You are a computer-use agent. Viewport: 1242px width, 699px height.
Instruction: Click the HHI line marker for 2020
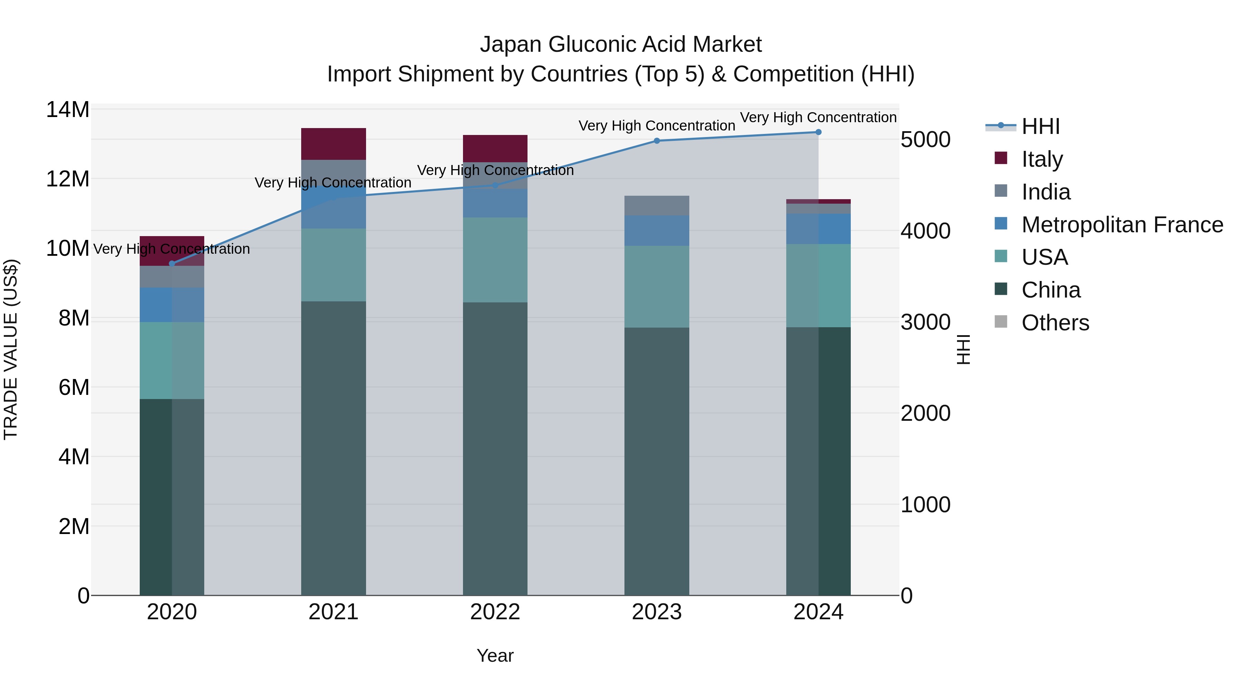coord(172,263)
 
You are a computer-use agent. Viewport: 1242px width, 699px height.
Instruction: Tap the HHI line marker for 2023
coord(657,141)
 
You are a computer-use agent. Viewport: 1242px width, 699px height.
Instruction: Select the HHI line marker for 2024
coord(818,132)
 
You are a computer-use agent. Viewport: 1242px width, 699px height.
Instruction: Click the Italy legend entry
coord(1042,159)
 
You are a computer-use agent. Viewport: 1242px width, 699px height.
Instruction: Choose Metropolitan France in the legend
coord(1122,225)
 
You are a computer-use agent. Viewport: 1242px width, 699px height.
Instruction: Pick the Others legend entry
coord(1055,323)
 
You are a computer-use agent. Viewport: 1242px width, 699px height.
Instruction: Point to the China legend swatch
coord(1001,290)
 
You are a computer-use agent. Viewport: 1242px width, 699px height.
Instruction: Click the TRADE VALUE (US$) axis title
coord(11,350)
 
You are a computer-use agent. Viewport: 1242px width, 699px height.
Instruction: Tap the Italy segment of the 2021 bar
coord(334,144)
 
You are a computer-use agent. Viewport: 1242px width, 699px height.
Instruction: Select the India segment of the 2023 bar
coord(657,205)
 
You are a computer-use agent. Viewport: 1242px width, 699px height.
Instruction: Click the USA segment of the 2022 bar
coord(495,260)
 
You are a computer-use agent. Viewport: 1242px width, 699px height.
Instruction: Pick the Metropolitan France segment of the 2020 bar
coord(172,305)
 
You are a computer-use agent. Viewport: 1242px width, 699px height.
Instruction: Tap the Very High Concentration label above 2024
coord(818,118)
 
